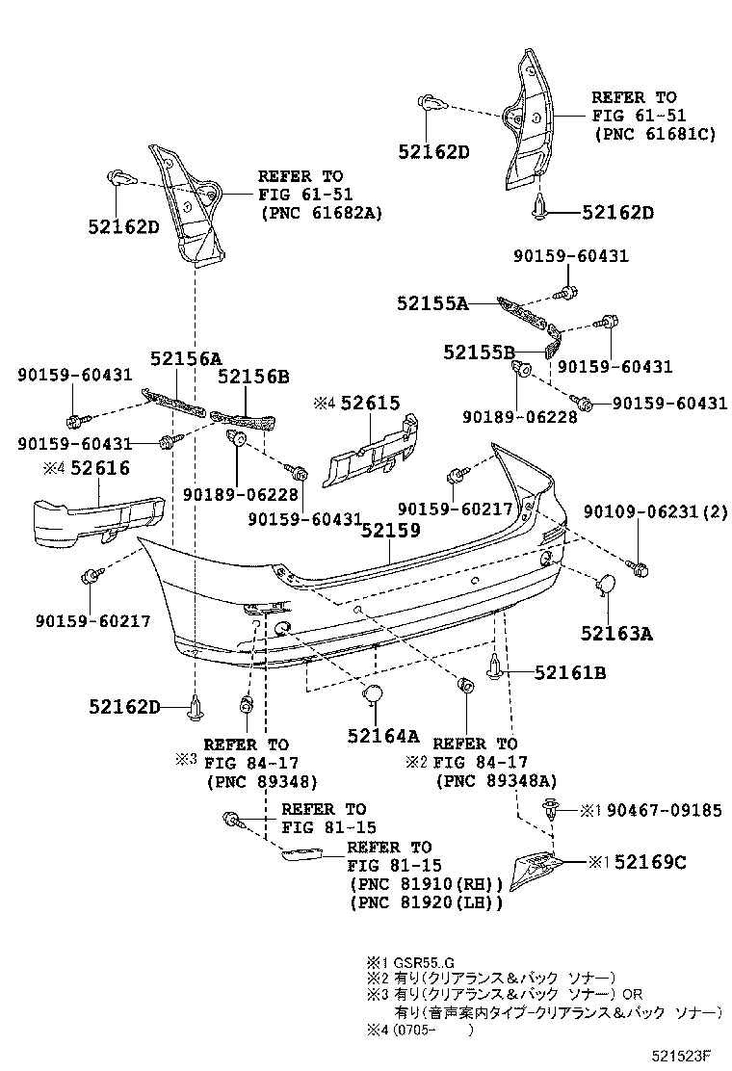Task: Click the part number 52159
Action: tap(391, 530)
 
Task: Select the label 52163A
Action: tap(616, 634)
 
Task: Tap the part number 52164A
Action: tap(383, 737)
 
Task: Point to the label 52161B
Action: tap(569, 673)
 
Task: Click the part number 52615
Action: tap(369, 404)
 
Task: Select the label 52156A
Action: tap(185, 357)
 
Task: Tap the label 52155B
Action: tap(480, 353)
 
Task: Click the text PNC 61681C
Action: tap(654, 135)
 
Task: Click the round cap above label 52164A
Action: tap(372, 695)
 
